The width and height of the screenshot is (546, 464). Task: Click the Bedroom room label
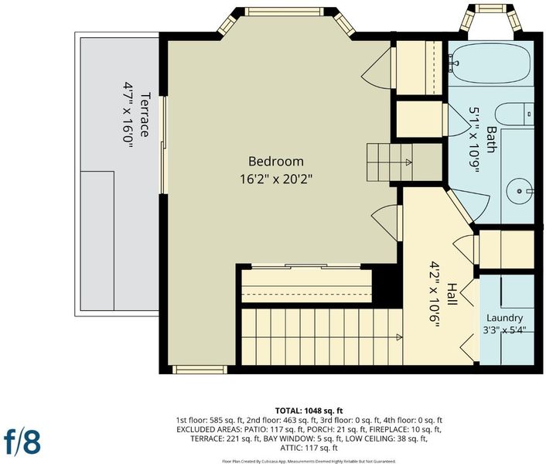276,162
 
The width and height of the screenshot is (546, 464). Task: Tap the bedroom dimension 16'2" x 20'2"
276,179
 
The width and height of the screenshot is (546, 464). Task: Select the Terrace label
145,114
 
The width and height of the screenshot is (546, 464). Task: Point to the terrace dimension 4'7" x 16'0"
128,114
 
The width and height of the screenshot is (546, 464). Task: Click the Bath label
491,139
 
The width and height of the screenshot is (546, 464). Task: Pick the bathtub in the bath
491,63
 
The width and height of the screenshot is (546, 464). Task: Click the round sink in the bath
520,191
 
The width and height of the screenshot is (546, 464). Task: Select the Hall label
452,295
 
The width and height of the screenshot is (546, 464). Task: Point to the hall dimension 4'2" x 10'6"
434,295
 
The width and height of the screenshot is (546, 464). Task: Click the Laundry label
504,318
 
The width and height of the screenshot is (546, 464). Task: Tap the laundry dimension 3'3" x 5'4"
504,329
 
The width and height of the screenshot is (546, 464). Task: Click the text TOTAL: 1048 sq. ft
309,411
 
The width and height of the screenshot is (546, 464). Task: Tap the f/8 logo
22,442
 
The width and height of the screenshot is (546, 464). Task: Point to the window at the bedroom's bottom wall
200,370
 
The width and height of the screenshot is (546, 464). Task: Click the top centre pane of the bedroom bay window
284,12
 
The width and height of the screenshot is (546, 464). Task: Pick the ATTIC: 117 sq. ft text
309,448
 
